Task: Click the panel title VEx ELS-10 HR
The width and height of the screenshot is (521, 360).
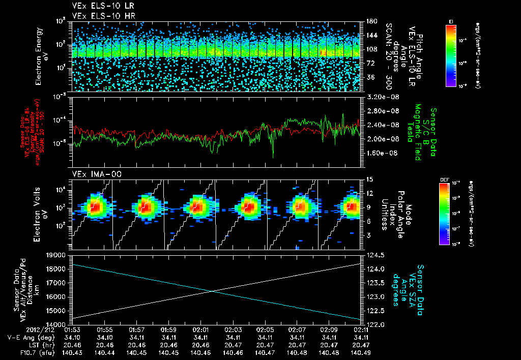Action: pos(100,16)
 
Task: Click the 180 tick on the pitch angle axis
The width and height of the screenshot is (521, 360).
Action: pos(370,21)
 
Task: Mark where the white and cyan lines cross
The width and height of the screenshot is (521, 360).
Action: pos(212,291)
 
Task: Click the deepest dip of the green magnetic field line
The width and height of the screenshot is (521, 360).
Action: pos(273,157)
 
